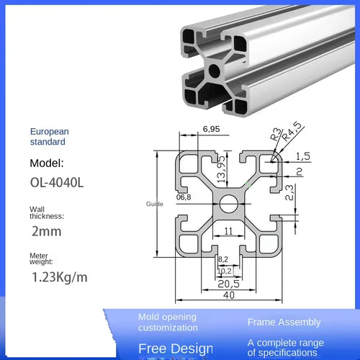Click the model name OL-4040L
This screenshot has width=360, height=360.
[x=57, y=183]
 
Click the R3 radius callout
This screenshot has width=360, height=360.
[x=274, y=135]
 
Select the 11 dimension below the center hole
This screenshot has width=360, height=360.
[x=227, y=232]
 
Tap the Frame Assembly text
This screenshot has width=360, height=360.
[x=284, y=322]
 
